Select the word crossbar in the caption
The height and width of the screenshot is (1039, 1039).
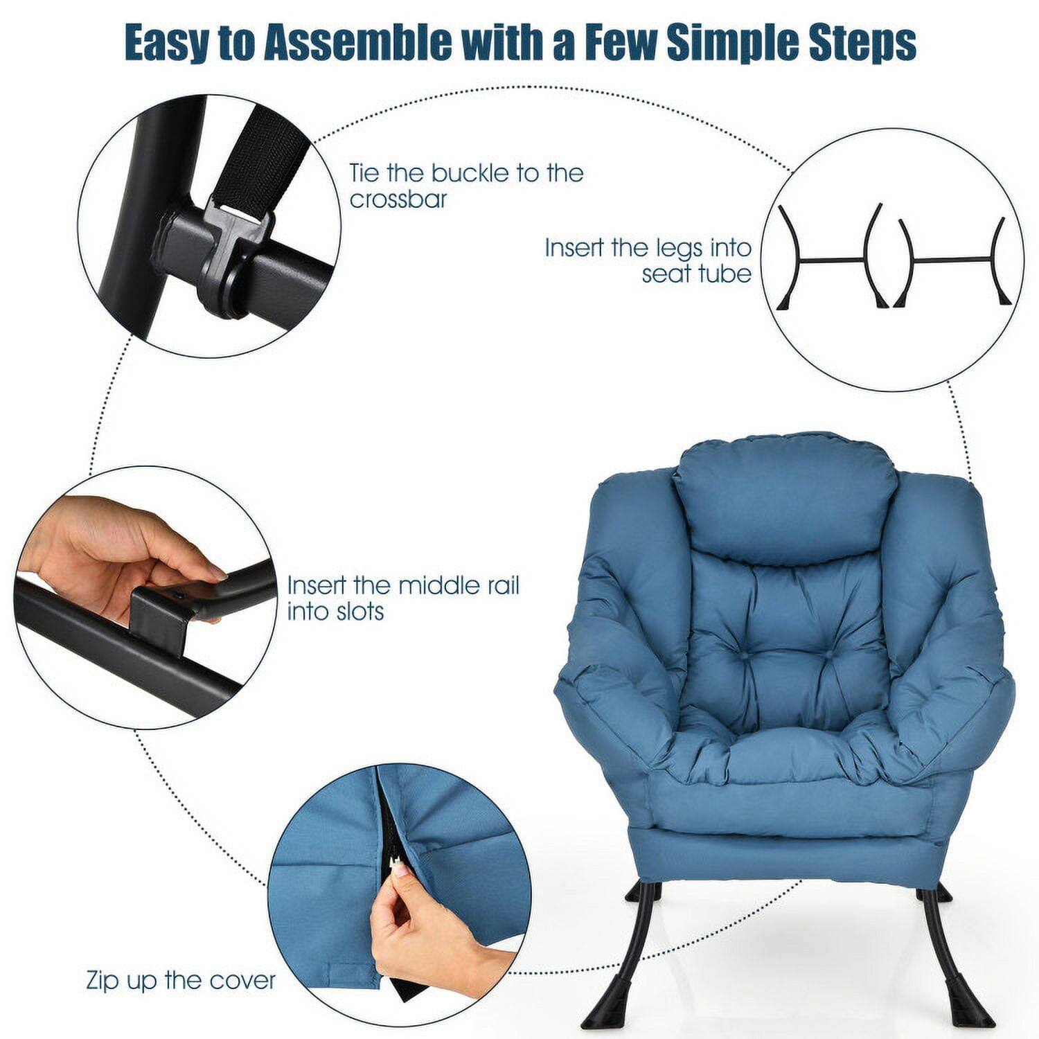coord(398,199)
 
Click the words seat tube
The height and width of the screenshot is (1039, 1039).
coord(695,274)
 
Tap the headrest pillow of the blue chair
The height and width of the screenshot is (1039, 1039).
coord(781,493)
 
